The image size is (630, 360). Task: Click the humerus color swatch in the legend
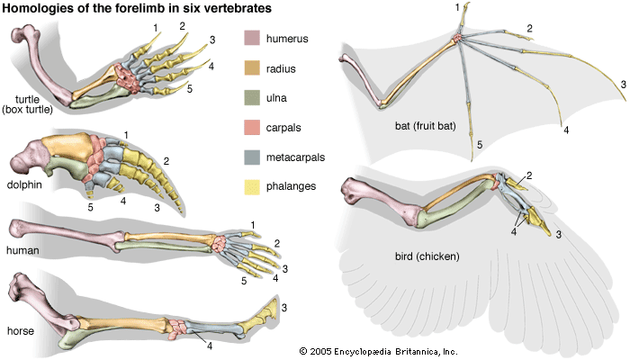coord(253,38)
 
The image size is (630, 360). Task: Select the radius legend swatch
coord(253,67)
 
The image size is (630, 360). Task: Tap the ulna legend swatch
coord(253,97)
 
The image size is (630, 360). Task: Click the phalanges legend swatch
coord(253,187)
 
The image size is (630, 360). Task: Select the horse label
coord(20,330)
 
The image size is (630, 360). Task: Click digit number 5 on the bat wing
coord(481,145)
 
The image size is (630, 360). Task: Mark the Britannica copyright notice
coord(379,350)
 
